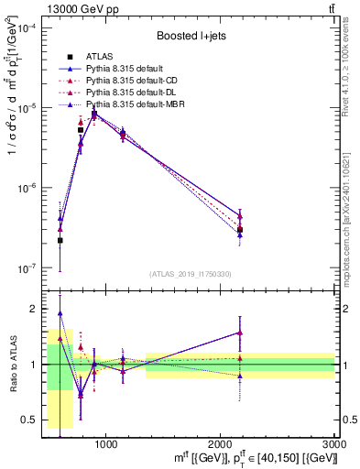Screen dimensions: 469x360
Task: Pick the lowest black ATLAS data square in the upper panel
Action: pos(60,240)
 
